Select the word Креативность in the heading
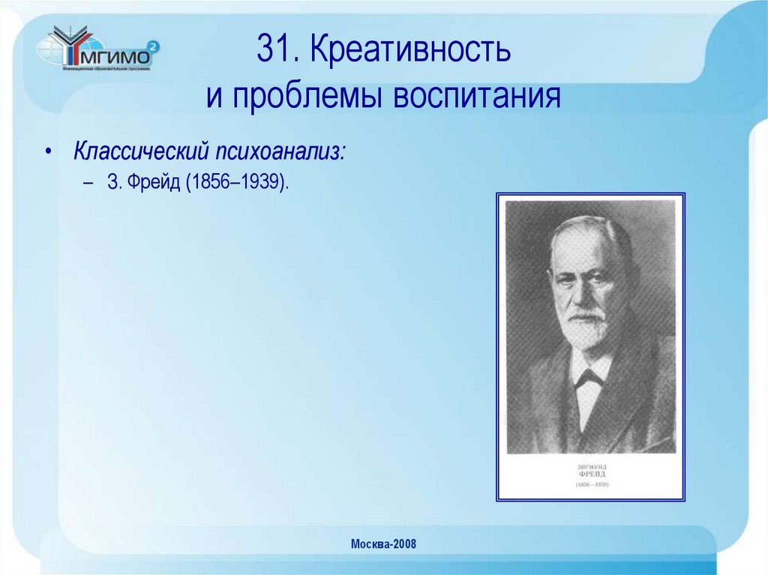(410, 50)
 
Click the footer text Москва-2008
(383, 544)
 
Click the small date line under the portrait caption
(592, 485)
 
